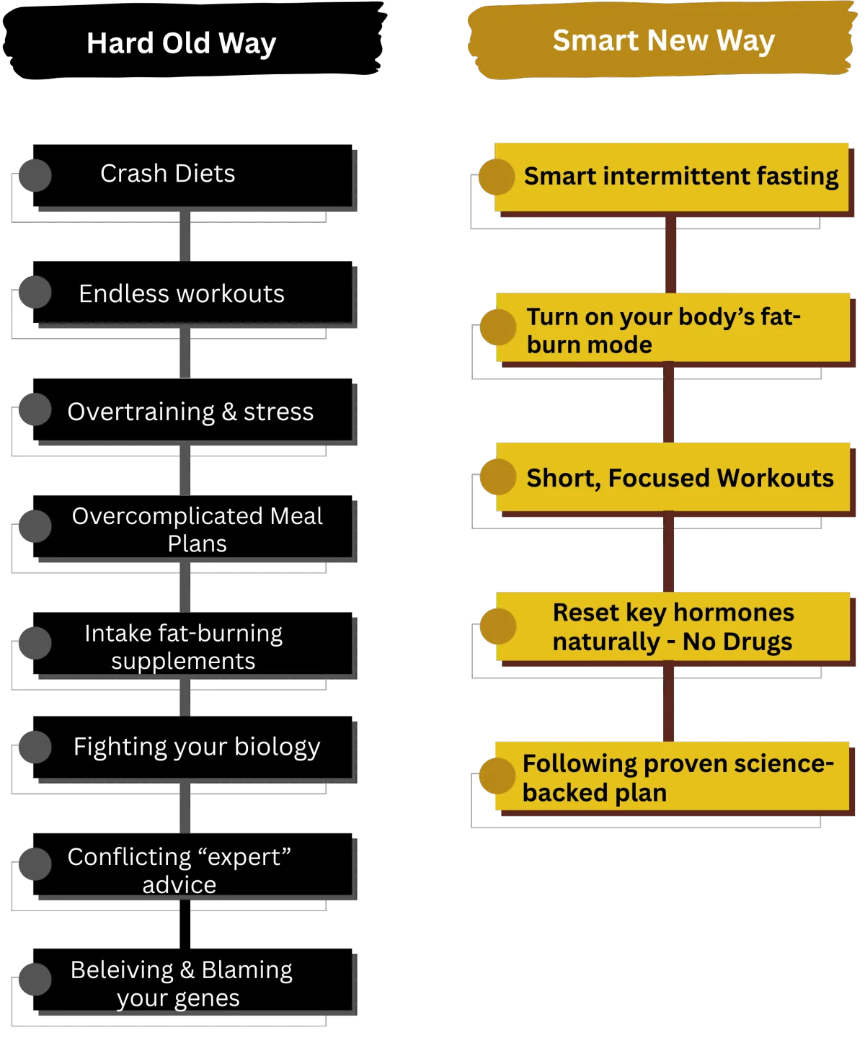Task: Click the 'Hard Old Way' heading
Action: click(x=181, y=43)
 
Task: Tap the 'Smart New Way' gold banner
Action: click(x=663, y=40)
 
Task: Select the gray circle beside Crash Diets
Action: click(x=35, y=175)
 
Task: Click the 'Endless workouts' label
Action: click(x=182, y=294)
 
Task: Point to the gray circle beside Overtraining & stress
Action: click(x=35, y=409)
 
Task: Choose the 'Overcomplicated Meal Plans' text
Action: click(x=197, y=529)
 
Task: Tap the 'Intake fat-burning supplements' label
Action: click(x=183, y=647)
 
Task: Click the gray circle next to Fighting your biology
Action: click(x=35, y=747)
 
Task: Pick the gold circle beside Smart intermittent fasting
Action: click(x=497, y=177)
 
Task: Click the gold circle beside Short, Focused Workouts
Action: click(x=497, y=477)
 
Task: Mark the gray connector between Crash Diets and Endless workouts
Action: click(x=185, y=236)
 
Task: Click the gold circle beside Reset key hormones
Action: click(x=497, y=626)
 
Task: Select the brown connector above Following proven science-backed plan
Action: click(x=669, y=702)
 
